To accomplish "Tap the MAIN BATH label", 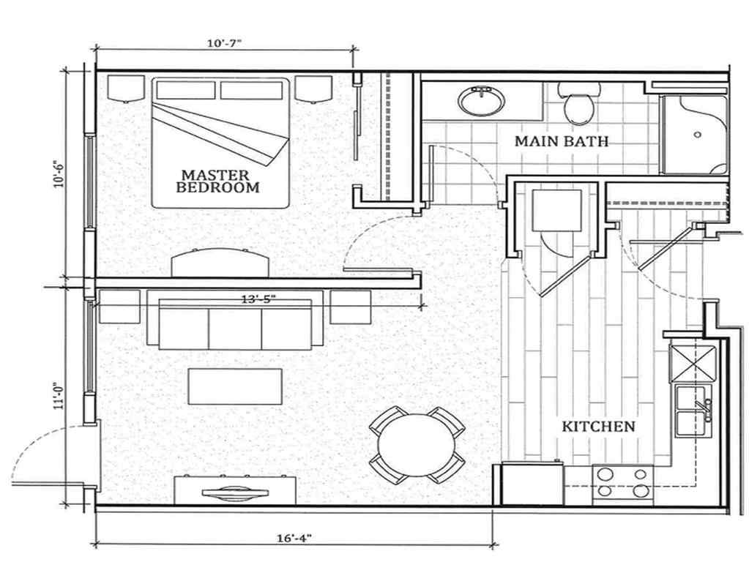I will [561, 140].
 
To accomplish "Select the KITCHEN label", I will [597, 426].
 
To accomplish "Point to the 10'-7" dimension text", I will [224, 43].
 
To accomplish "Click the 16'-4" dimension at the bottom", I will [294, 538].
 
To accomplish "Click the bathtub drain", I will [698, 135].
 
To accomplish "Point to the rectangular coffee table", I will [235, 386].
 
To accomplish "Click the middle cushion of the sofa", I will [235, 328].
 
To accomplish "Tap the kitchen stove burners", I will [622, 482].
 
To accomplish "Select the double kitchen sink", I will [693, 411].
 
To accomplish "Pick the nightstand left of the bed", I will [126, 88].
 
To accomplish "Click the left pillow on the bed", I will [185, 90].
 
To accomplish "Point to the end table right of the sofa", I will [350, 307].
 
